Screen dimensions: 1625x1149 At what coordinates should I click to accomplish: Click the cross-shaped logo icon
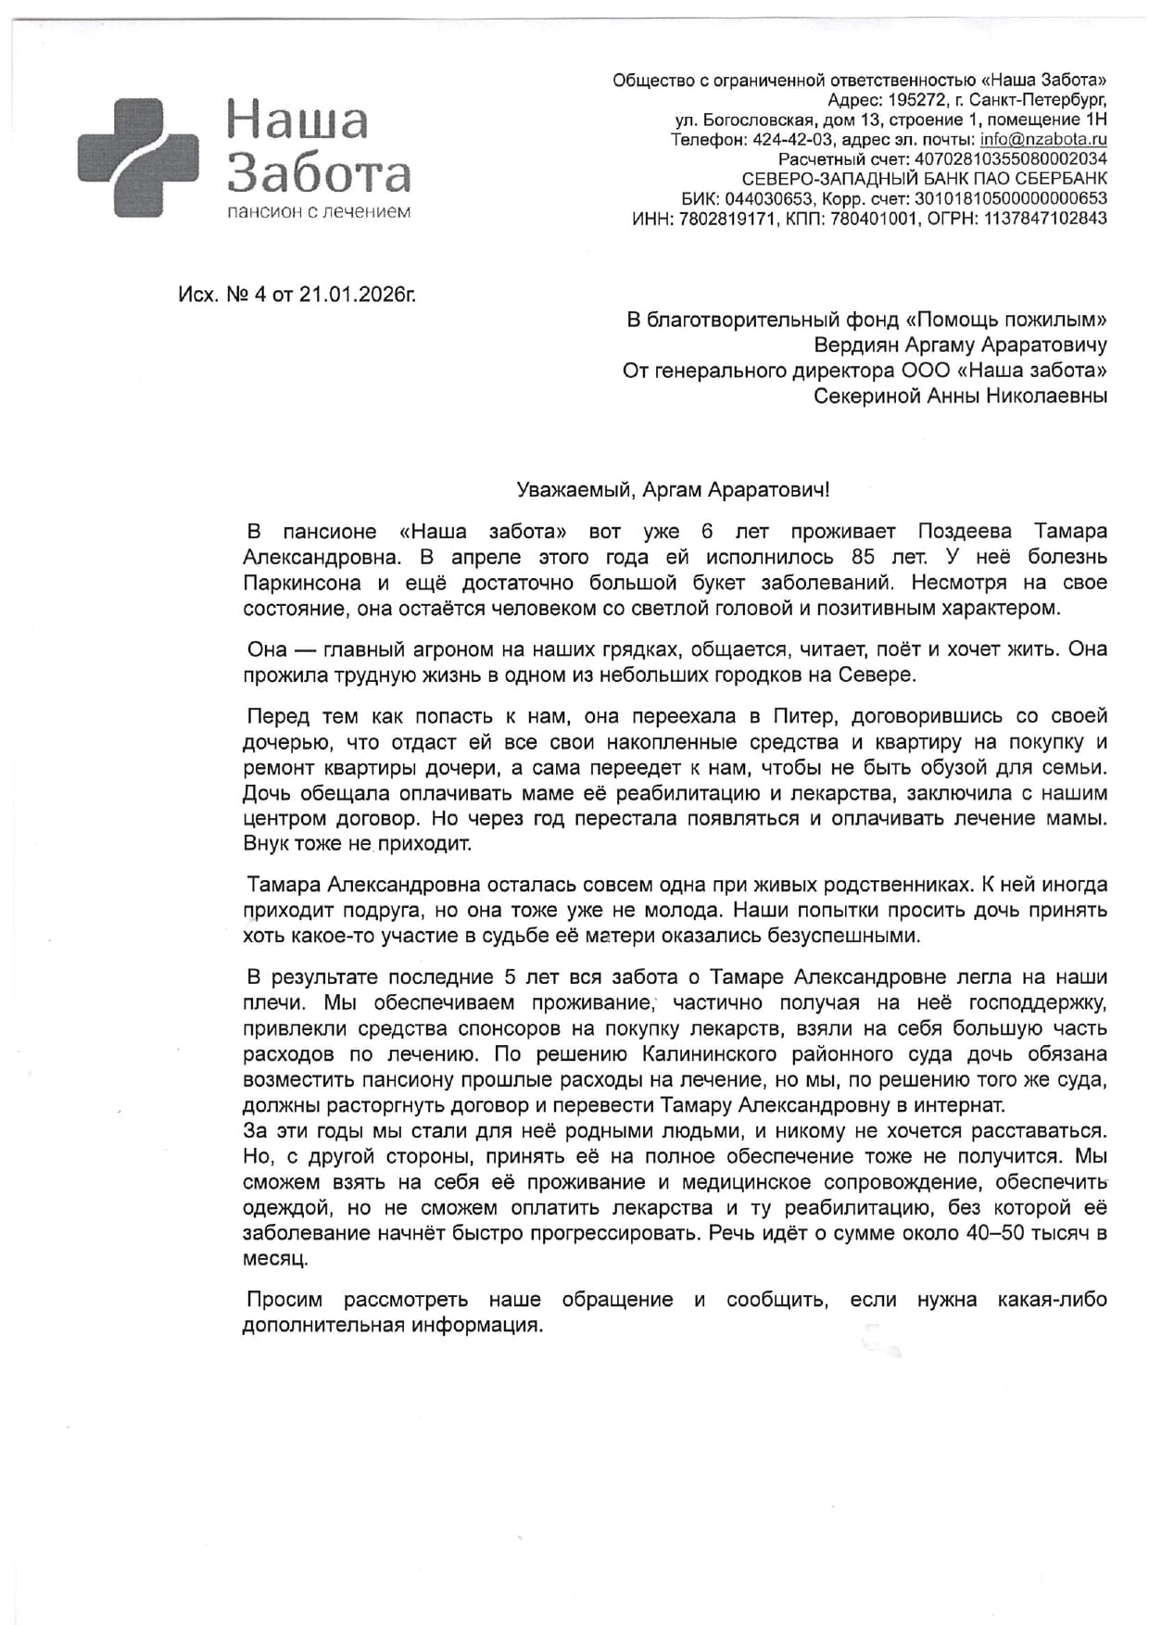(137, 157)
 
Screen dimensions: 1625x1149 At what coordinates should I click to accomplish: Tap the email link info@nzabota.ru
(1043, 140)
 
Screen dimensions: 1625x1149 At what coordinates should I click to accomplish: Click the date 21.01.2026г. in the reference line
(357, 295)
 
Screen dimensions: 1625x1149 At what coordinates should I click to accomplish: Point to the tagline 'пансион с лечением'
(319, 212)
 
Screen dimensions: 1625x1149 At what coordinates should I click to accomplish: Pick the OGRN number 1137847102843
(1045, 219)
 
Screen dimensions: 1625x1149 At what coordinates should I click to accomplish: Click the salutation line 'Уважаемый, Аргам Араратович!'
(673, 489)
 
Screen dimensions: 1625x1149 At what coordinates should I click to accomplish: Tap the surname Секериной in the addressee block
(865, 397)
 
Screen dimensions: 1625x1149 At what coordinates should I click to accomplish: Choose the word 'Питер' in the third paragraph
(802, 716)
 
